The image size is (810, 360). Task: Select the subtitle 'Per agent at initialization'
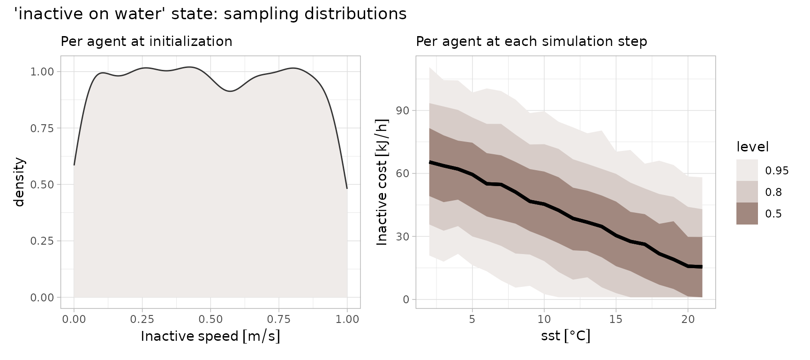click(146, 42)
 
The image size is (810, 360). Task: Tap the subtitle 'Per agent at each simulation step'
click(531, 42)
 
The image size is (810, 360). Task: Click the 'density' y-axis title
click(19, 182)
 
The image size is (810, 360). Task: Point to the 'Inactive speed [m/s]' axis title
click(210, 336)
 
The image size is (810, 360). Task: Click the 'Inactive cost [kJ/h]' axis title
click(382, 182)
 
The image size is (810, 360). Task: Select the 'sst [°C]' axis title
click(565, 336)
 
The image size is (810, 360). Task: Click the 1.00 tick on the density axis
click(42, 72)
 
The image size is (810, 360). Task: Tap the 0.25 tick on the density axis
click(42, 241)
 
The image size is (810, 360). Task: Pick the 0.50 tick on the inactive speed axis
click(210, 320)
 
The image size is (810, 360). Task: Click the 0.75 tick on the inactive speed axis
click(279, 320)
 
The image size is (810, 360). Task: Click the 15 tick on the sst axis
click(615, 320)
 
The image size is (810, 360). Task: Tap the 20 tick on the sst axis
click(688, 320)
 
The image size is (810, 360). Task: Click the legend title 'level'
click(752, 147)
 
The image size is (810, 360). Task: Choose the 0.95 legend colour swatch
click(747, 170)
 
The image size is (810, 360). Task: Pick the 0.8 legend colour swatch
click(747, 192)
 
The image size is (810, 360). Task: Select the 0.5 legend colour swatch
click(747, 214)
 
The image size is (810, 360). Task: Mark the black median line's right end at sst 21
click(702, 267)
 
